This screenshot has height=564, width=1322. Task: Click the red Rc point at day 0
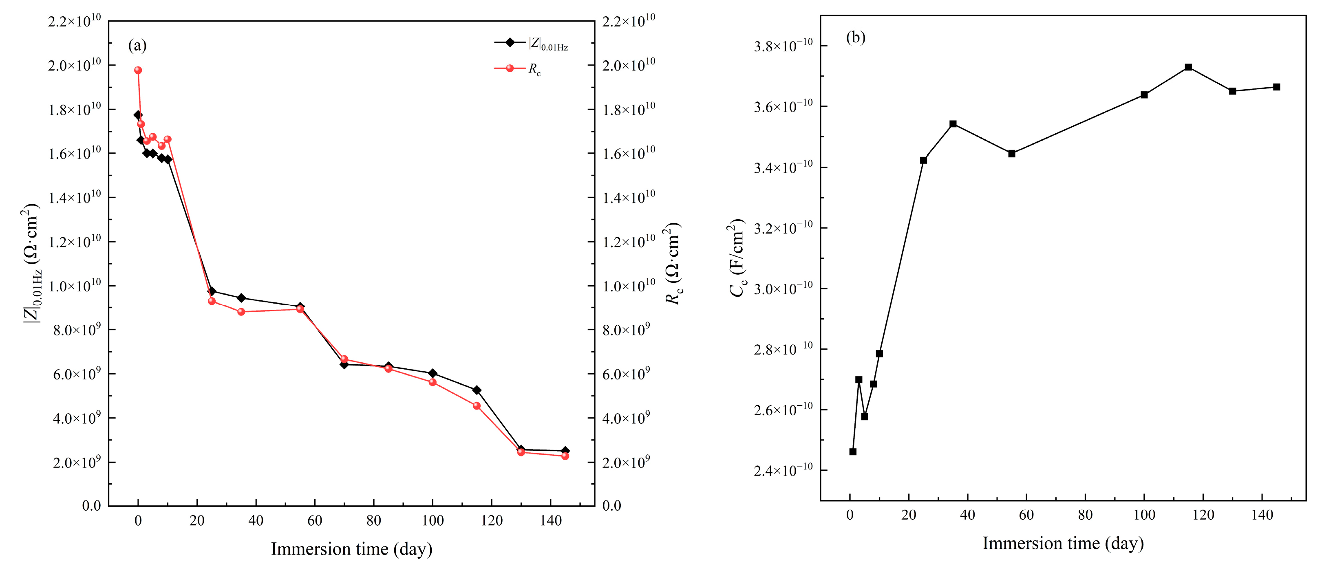pos(137,70)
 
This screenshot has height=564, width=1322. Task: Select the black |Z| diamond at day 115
pos(477,390)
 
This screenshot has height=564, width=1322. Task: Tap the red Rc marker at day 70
pos(344,359)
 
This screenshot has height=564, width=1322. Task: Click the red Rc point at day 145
pos(565,456)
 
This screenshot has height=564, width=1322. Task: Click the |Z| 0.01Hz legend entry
pos(531,43)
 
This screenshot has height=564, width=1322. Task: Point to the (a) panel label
pos(137,46)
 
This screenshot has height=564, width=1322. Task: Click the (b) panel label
pos(856,37)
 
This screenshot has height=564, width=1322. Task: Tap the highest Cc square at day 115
pos(1188,67)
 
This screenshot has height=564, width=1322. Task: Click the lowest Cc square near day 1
pos(853,452)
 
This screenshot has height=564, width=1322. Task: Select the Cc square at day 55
pos(1011,154)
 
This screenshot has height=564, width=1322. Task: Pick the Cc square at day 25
pos(923,160)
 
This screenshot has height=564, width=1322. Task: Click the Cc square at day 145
pos(1276,87)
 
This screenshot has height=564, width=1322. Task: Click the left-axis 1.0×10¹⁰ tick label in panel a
pos(75,286)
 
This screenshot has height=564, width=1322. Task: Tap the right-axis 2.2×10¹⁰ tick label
pos(628,21)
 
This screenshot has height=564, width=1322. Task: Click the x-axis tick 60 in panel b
pos(1026,515)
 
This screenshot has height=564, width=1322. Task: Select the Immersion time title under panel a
pos(351,549)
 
